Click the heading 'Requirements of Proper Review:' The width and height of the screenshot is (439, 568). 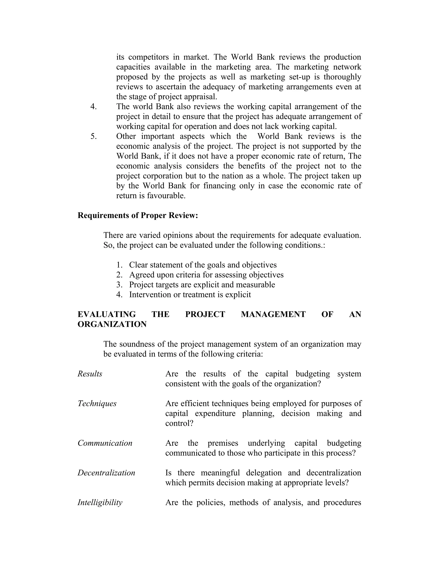tap(138, 215)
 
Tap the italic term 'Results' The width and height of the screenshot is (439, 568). tap(90, 374)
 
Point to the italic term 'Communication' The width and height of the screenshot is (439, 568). tap(105, 443)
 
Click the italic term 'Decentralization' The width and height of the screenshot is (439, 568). tap(106, 473)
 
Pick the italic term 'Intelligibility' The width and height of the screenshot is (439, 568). tap(100, 502)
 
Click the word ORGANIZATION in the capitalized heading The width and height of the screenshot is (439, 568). tap(112, 324)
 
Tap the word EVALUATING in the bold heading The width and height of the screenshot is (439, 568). tap(107, 314)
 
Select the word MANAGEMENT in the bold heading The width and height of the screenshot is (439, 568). tap(273, 314)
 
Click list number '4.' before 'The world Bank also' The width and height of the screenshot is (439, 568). tap(94, 107)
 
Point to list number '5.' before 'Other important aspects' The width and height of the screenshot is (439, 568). tap(94, 136)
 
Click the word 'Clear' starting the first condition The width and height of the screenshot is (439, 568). tap(138, 265)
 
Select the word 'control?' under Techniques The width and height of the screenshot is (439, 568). tap(179, 423)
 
